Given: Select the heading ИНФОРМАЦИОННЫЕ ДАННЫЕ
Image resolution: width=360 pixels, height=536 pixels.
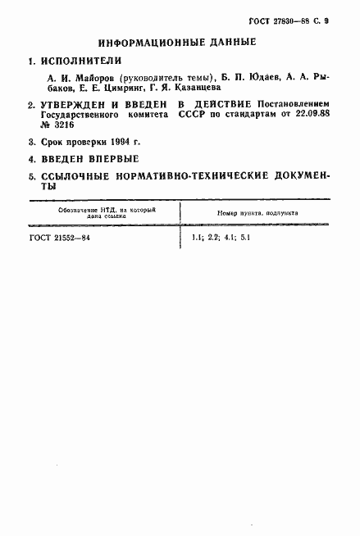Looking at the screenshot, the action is coord(177,42).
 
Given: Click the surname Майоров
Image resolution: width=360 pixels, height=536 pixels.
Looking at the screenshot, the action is coord(98,78).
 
